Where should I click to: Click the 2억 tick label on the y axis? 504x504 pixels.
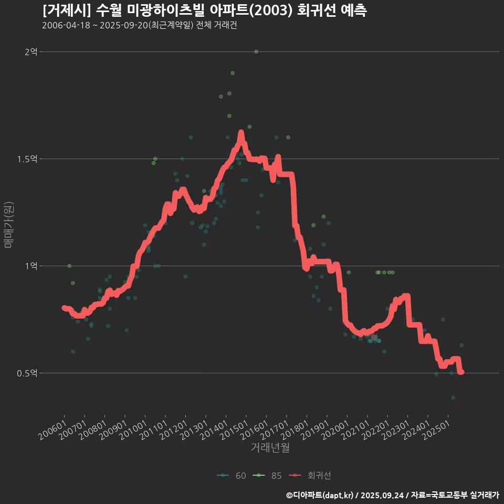coord(31,51)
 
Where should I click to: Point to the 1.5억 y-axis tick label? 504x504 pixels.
coord(27,159)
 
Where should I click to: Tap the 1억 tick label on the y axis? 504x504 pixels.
coord(31,266)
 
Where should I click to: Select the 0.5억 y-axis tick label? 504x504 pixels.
coord(27,373)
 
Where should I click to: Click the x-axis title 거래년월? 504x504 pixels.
coord(270,447)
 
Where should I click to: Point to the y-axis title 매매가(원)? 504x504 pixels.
coord(9,225)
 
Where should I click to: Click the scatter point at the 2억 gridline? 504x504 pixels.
coord(256,51)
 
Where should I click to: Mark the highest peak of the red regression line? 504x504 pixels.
coord(241,133)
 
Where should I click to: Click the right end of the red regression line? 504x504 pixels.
coord(461,372)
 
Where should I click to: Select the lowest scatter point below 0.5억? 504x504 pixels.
coord(453,398)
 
